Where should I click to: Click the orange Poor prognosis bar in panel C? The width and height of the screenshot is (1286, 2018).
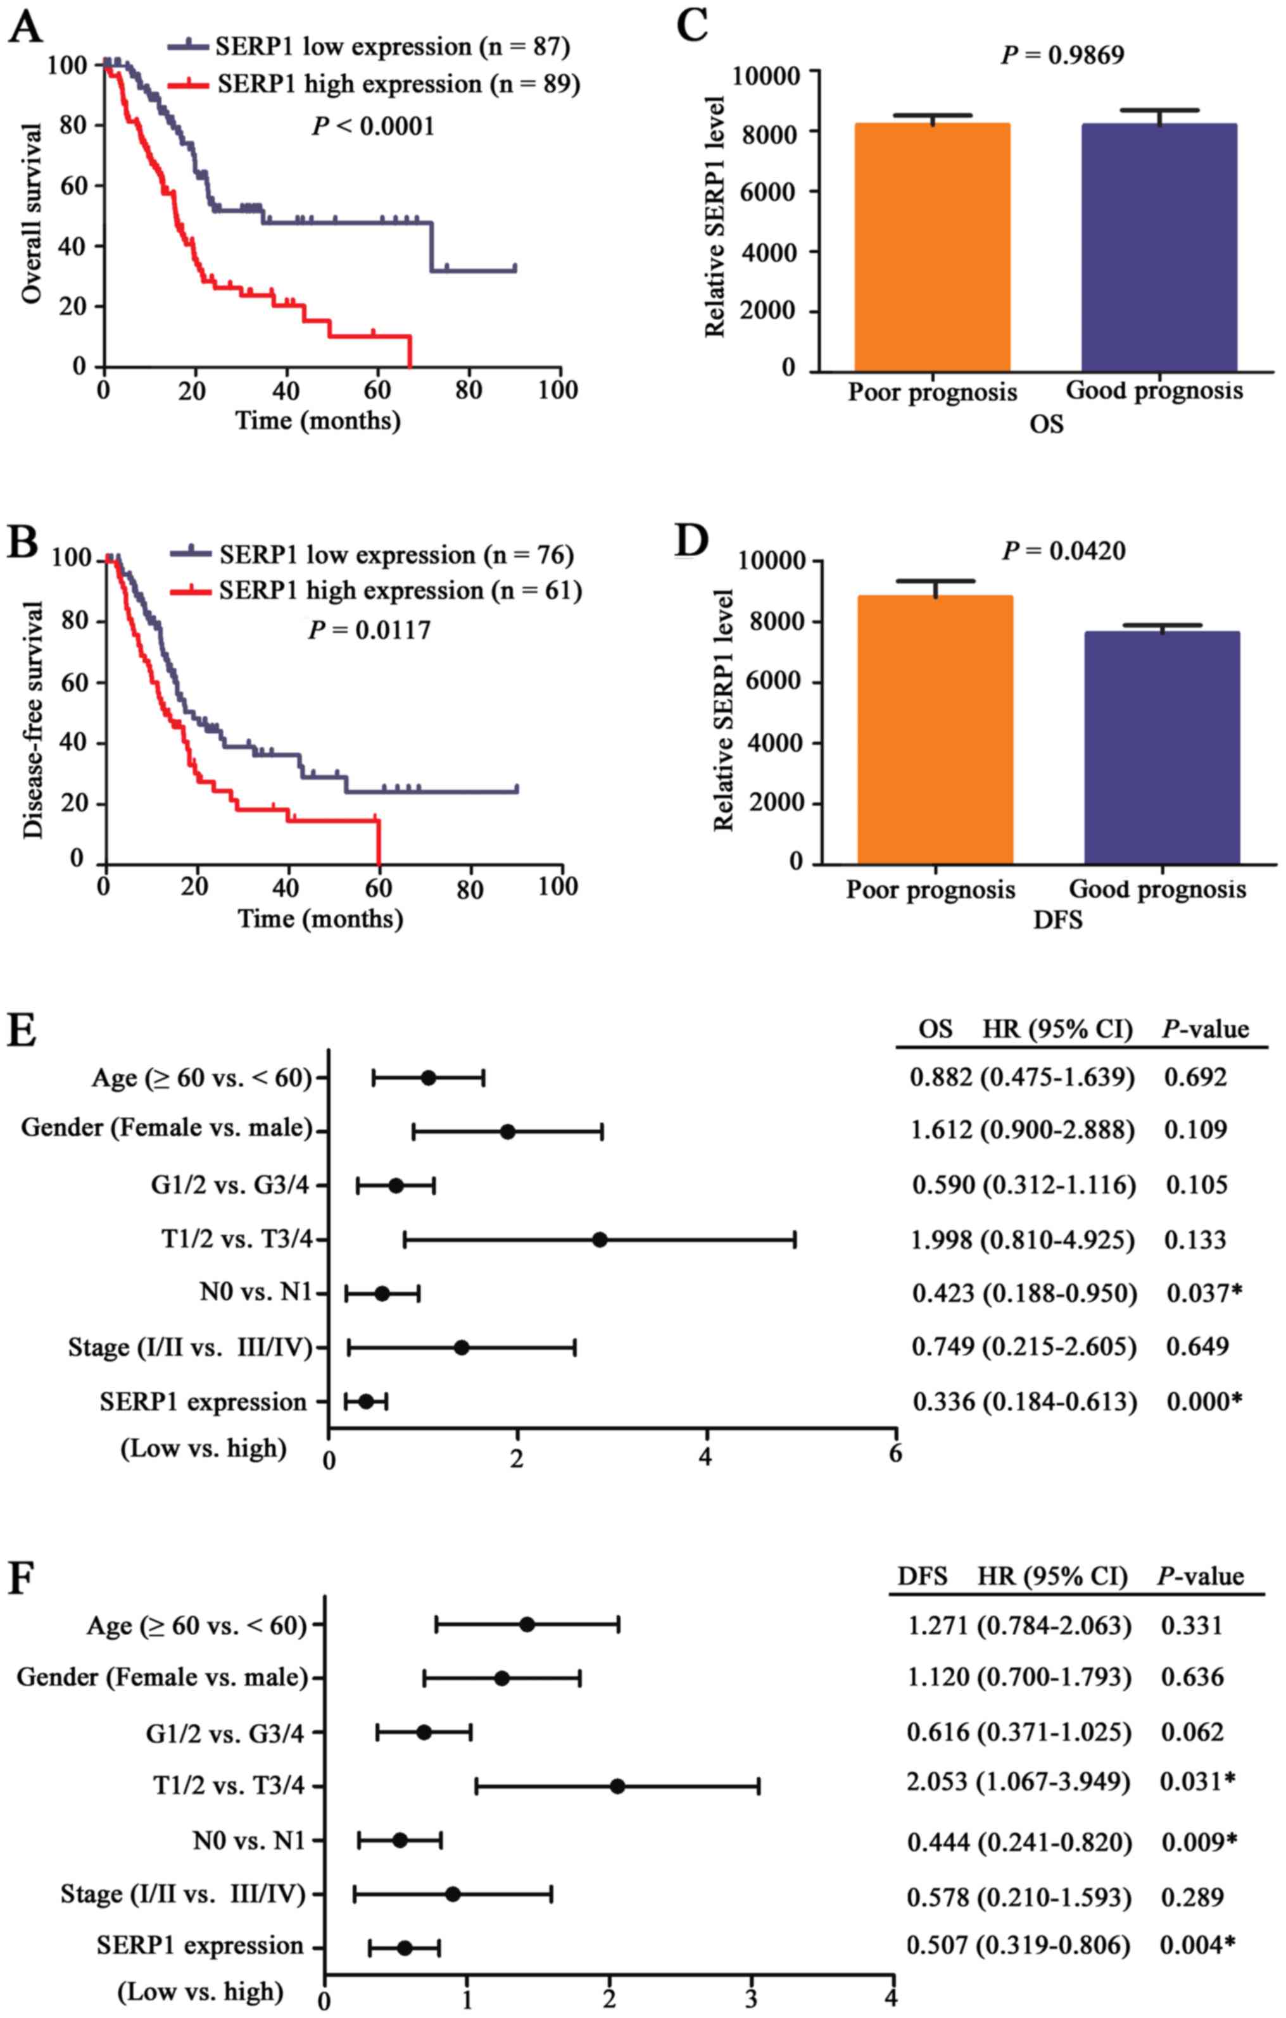931,247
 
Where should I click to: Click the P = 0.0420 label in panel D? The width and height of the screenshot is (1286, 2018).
1064,551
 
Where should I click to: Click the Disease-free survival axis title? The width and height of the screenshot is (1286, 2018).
33,720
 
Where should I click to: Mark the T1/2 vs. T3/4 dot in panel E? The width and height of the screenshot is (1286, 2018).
600,1240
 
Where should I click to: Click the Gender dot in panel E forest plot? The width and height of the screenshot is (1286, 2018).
507,1132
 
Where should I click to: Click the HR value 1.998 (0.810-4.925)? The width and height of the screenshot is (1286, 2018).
1023,1240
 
